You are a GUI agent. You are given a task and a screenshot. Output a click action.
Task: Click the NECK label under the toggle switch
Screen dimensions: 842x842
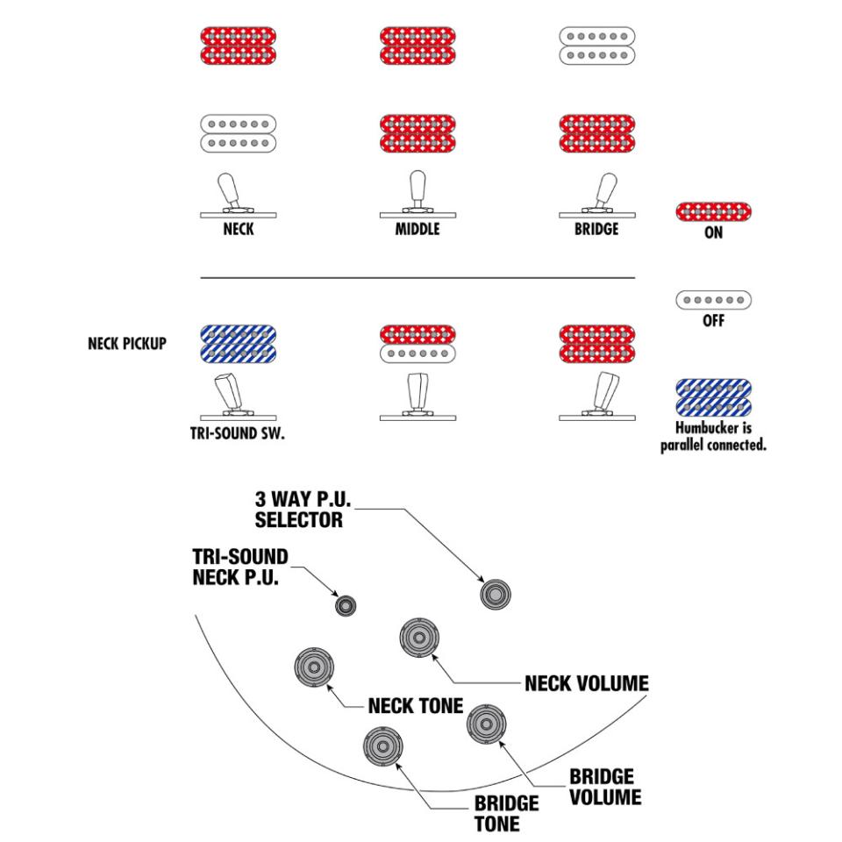[239, 231]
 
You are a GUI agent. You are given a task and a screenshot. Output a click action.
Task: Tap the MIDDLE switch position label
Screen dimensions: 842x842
[417, 231]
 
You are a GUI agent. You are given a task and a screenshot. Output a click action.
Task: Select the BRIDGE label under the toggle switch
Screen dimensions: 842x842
[596, 231]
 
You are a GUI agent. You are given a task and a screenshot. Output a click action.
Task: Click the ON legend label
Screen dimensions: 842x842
[713, 234]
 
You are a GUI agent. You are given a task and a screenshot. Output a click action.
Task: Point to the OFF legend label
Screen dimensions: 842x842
[713, 322]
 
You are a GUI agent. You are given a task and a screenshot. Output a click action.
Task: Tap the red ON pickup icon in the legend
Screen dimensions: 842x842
[713, 212]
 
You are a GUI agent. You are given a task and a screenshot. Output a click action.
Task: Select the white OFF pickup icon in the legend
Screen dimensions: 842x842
[713, 301]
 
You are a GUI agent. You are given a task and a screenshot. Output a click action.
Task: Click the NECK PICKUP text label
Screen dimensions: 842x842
[127, 344]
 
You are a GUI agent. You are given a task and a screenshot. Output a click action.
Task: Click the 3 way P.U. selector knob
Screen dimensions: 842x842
[496, 594]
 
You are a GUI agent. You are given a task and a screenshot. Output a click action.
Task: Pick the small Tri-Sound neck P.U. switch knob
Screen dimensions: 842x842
[347, 605]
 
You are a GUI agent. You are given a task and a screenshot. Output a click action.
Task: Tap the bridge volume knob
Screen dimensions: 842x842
[485, 724]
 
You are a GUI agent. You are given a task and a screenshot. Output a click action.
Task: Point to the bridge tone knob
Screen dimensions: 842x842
[382, 748]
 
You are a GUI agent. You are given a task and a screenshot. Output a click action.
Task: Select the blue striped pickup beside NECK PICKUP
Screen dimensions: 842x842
[239, 344]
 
